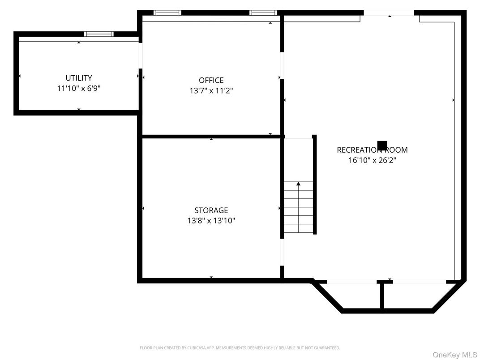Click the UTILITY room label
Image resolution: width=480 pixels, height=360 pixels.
point(79,78)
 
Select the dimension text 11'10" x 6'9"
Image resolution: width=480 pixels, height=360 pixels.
point(79,89)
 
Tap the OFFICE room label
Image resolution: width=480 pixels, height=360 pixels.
point(211,80)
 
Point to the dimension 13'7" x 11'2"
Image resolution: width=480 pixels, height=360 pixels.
point(211,90)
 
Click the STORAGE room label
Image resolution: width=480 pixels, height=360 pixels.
point(211,210)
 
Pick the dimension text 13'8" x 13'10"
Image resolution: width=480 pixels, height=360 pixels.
point(211,220)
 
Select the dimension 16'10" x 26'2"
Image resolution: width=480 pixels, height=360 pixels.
point(372,160)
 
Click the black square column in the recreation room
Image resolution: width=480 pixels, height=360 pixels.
point(382,146)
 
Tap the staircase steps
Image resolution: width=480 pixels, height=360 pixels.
point(298,210)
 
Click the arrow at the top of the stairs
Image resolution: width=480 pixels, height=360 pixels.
point(298,184)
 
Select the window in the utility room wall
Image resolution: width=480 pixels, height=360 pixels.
point(99,34)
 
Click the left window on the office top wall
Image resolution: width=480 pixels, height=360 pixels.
point(167,13)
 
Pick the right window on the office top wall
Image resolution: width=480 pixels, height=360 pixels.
point(263,13)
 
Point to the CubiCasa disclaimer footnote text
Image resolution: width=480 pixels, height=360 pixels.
point(240,347)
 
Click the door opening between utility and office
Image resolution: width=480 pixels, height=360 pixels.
point(140,56)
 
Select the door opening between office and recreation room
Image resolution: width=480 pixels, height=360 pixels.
point(282,66)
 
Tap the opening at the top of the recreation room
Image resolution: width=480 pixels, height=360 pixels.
point(389,13)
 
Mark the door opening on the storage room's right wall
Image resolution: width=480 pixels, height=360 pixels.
point(282,253)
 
